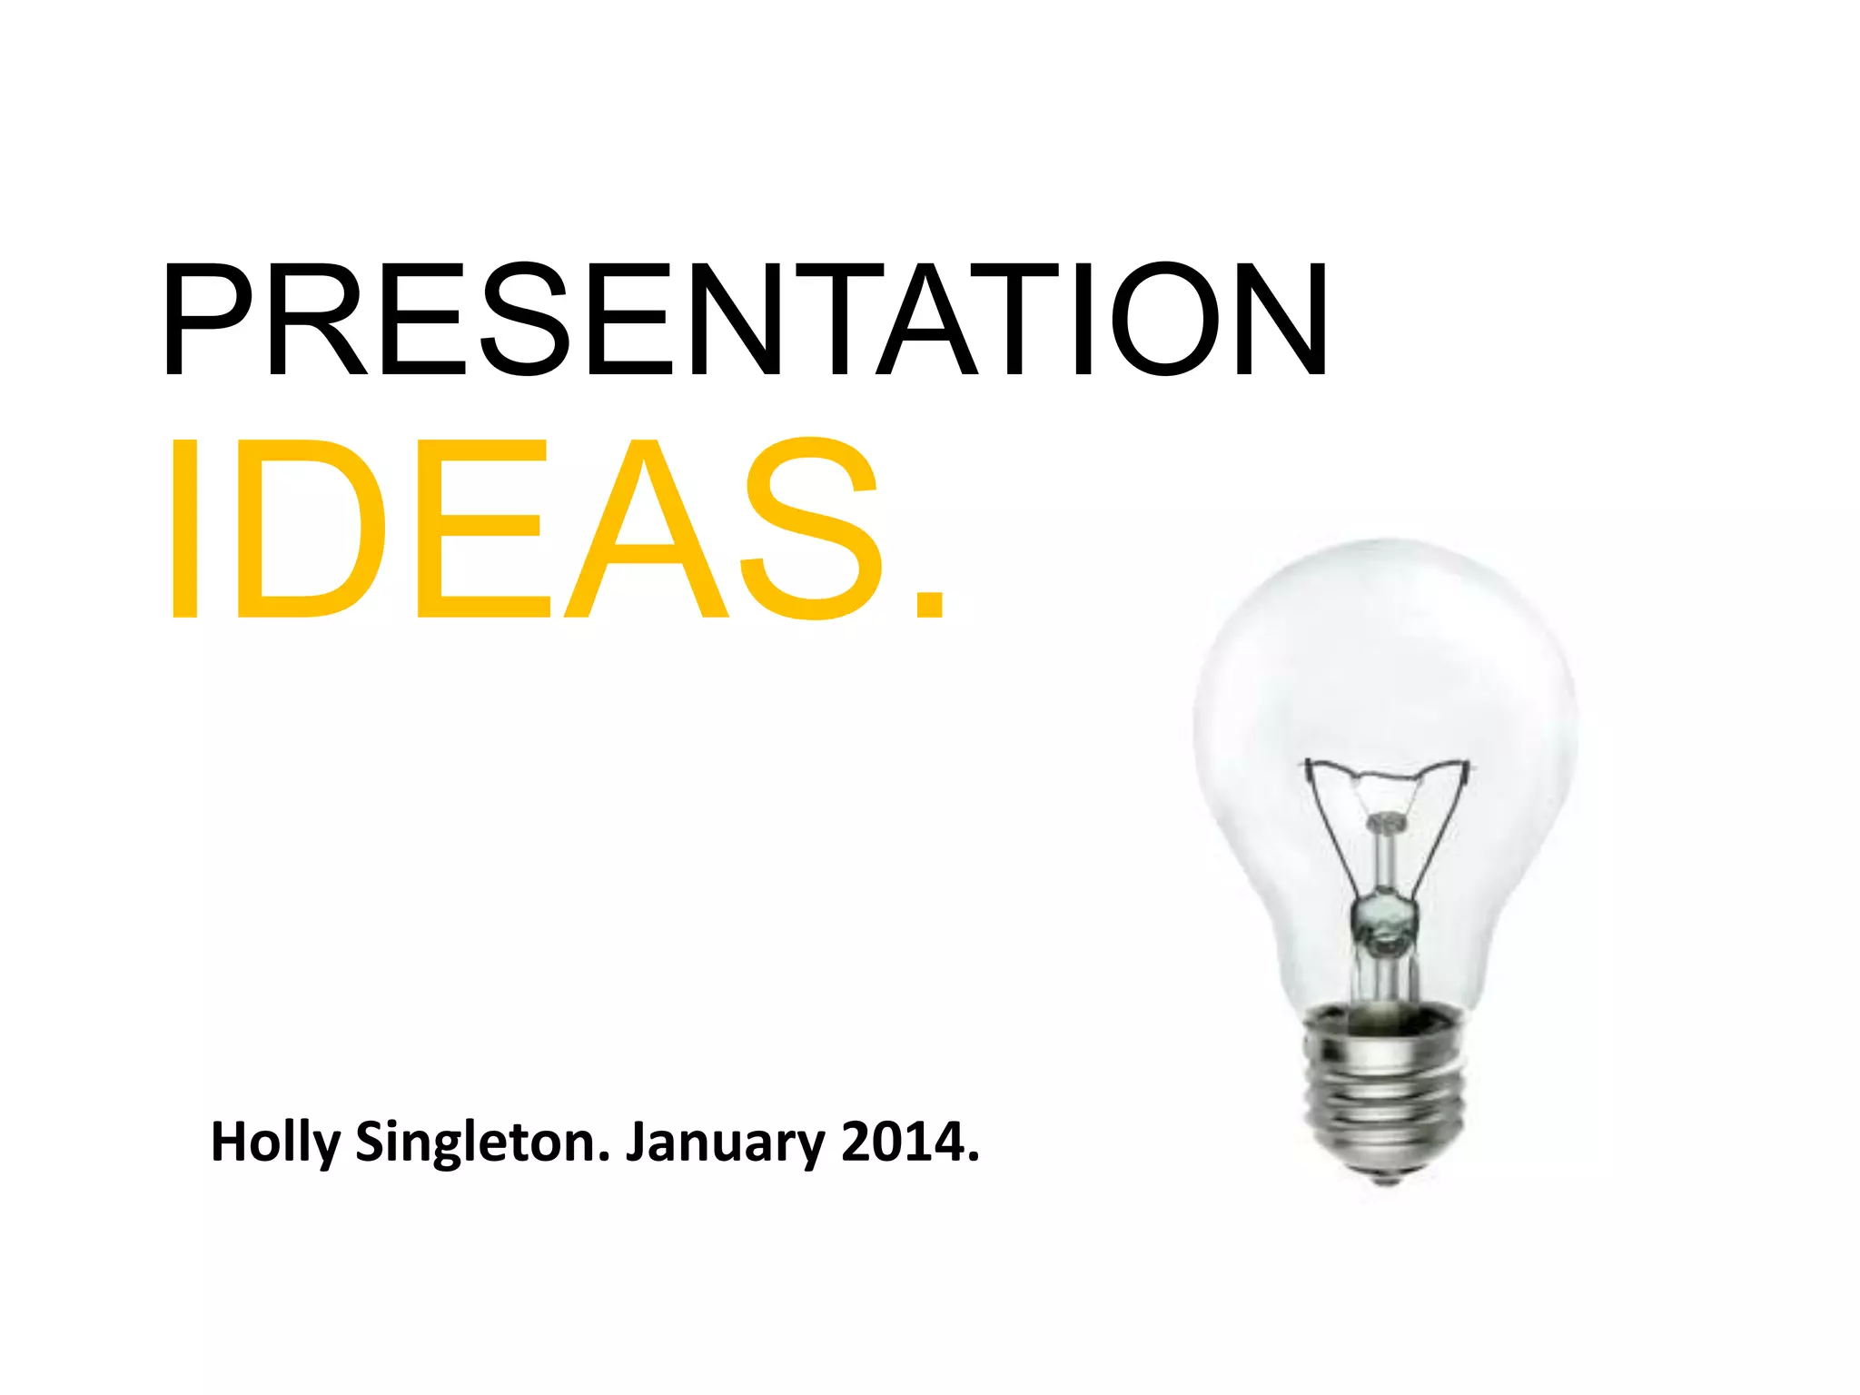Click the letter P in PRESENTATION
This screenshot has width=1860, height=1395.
[x=211, y=319]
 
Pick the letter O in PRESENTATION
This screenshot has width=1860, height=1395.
[x=1165, y=319]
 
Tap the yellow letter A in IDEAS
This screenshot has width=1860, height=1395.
[x=647, y=529]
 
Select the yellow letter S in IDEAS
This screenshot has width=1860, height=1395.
[x=811, y=529]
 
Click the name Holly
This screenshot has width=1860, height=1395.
[x=274, y=1143]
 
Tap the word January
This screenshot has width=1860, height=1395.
[x=724, y=1143]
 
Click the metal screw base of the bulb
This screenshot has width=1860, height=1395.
[x=1385, y=1090]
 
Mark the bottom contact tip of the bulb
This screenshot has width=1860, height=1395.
[x=1386, y=1179]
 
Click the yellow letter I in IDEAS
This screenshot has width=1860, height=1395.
[x=183, y=529]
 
